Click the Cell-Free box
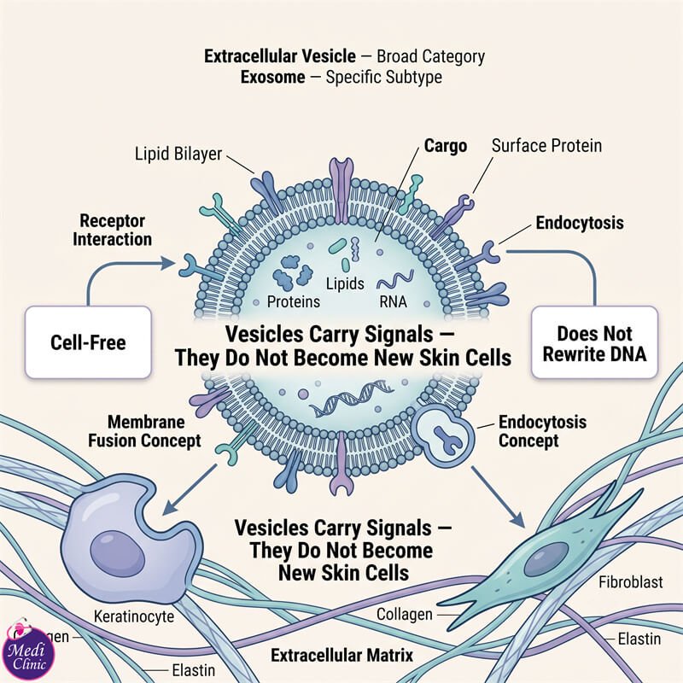tap(88, 342)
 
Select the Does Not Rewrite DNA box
tap(594, 342)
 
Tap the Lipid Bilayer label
tap(178, 154)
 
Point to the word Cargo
tap(446, 146)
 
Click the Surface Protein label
tap(546, 145)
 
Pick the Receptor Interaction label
tap(113, 230)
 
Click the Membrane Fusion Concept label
tap(144, 431)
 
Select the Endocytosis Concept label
tap(542, 431)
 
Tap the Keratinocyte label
tap(134, 616)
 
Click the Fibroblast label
tap(631, 582)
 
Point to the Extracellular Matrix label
tap(342, 655)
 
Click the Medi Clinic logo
tap(28, 651)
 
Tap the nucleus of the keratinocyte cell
tap(117, 555)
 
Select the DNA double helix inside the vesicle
tap(352, 398)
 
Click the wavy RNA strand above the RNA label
tap(395, 280)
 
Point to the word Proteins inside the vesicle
tap(293, 301)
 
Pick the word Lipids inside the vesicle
tap(345, 283)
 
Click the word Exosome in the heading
tap(272, 77)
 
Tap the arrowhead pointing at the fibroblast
tap(517, 518)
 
